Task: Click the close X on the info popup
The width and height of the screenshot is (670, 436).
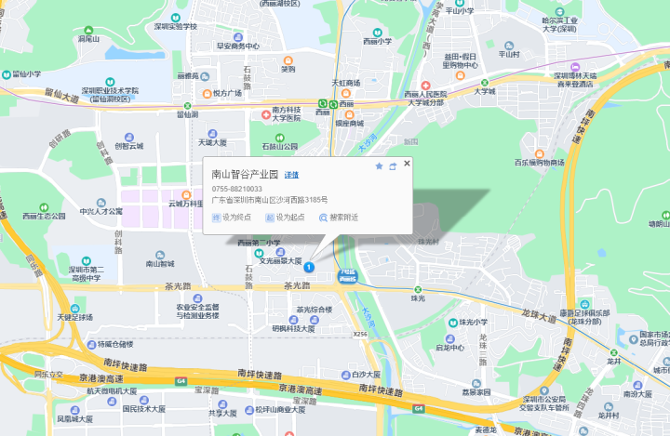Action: (x=407, y=165)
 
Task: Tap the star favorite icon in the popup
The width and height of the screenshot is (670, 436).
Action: (x=379, y=166)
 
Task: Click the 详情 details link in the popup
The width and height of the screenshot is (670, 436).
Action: (x=291, y=175)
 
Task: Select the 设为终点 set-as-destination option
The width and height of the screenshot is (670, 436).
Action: (x=233, y=218)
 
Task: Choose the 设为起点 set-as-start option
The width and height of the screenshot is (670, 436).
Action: (x=285, y=218)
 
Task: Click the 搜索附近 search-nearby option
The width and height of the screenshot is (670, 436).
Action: (x=339, y=218)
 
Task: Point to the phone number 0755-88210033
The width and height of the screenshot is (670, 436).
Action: (x=237, y=189)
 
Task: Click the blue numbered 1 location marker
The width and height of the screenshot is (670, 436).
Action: (x=309, y=268)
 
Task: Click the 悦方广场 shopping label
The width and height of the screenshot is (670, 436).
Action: (x=226, y=93)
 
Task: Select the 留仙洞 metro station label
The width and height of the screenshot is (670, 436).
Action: (x=188, y=114)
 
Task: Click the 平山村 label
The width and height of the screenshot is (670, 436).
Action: (x=509, y=54)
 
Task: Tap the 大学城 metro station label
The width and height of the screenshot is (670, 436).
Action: (x=484, y=91)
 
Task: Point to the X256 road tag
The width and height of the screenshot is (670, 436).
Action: (x=360, y=332)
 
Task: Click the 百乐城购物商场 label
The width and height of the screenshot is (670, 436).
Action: (x=540, y=164)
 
